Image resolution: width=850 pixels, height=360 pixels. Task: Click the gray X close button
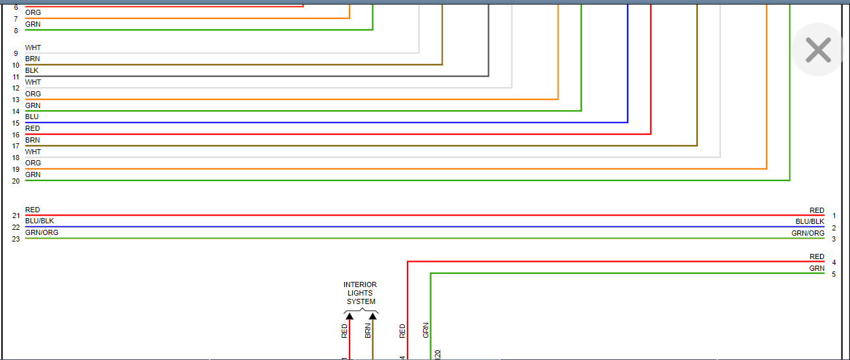pyautogui.click(x=818, y=49)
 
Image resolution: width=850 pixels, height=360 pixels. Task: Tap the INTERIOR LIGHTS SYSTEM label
pyautogui.click(x=360, y=293)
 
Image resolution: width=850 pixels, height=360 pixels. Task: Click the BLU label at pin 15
pyautogui.click(x=32, y=117)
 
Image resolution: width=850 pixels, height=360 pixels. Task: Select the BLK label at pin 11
pyautogui.click(x=32, y=70)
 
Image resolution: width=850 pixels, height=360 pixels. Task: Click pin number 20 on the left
pyautogui.click(x=16, y=181)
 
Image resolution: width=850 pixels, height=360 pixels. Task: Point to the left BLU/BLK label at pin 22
pyautogui.click(x=40, y=221)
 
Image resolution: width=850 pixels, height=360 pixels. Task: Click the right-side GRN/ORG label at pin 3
pyautogui.click(x=808, y=233)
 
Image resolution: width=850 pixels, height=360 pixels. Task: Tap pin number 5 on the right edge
pyautogui.click(x=834, y=275)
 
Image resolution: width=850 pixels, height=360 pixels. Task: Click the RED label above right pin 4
pyautogui.click(x=817, y=256)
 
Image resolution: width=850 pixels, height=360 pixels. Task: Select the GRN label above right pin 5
pyautogui.click(x=817, y=268)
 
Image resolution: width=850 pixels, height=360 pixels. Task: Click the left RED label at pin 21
pyautogui.click(x=33, y=210)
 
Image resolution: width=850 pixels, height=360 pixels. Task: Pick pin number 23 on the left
pyautogui.click(x=16, y=240)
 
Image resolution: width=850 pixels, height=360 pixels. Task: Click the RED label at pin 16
pyautogui.click(x=33, y=129)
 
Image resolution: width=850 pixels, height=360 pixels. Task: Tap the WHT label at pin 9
pyautogui.click(x=33, y=48)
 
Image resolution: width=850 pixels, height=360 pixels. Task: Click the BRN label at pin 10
pyautogui.click(x=33, y=59)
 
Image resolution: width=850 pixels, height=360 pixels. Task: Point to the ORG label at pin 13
pyautogui.click(x=33, y=94)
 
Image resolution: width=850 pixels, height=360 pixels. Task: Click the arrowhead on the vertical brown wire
pyautogui.click(x=373, y=316)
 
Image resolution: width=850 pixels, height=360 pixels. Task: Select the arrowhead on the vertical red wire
pyautogui.click(x=350, y=316)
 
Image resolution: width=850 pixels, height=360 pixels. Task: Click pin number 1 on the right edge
pyautogui.click(x=834, y=216)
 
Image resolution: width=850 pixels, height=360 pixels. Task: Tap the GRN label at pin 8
pyautogui.click(x=33, y=24)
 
